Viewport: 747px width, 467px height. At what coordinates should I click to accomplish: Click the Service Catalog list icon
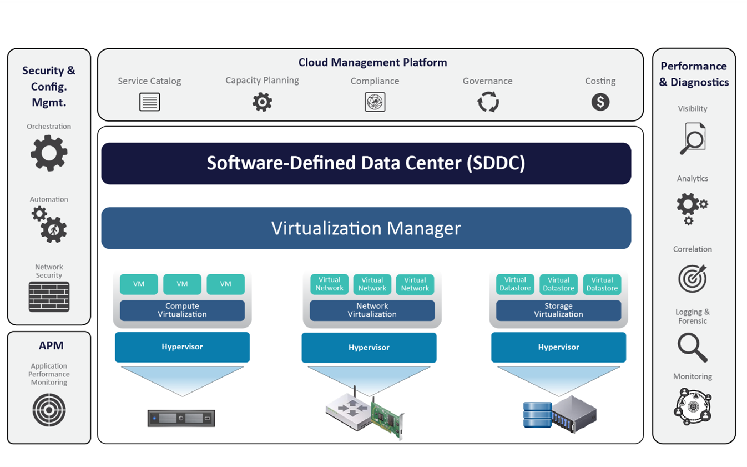tap(150, 102)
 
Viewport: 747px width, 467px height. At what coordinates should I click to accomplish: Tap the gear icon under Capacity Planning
tap(263, 102)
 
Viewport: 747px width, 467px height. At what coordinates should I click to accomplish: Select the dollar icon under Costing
tap(600, 102)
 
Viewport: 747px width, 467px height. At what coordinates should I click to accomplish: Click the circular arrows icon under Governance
tap(488, 102)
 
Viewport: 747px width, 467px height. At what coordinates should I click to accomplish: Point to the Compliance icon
tap(375, 102)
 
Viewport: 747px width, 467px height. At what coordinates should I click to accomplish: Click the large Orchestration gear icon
tap(49, 153)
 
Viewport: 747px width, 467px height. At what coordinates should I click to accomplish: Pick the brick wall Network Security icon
tap(49, 297)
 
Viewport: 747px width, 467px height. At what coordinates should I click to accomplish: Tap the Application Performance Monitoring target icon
tap(49, 410)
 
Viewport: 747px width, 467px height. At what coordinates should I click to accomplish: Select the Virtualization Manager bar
tap(366, 228)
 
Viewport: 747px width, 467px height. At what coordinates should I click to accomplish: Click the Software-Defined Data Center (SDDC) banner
tap(366, 163)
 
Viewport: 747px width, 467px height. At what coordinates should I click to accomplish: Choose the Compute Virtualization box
tap(182, 310)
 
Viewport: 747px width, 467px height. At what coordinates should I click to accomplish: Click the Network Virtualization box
tap(372, 310)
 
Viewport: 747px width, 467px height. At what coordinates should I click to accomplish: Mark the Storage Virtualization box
tap(558, 310)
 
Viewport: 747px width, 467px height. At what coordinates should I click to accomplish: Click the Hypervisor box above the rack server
tap(182, 347)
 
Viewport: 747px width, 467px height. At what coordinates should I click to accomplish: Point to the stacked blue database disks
tap(537, 415)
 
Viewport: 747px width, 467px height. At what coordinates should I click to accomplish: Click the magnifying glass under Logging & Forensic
tap(692, 348)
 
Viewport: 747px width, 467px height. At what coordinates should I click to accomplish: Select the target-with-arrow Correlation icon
tap(692, 278)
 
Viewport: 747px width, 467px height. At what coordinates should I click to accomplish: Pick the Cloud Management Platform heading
tap(372, 63)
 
